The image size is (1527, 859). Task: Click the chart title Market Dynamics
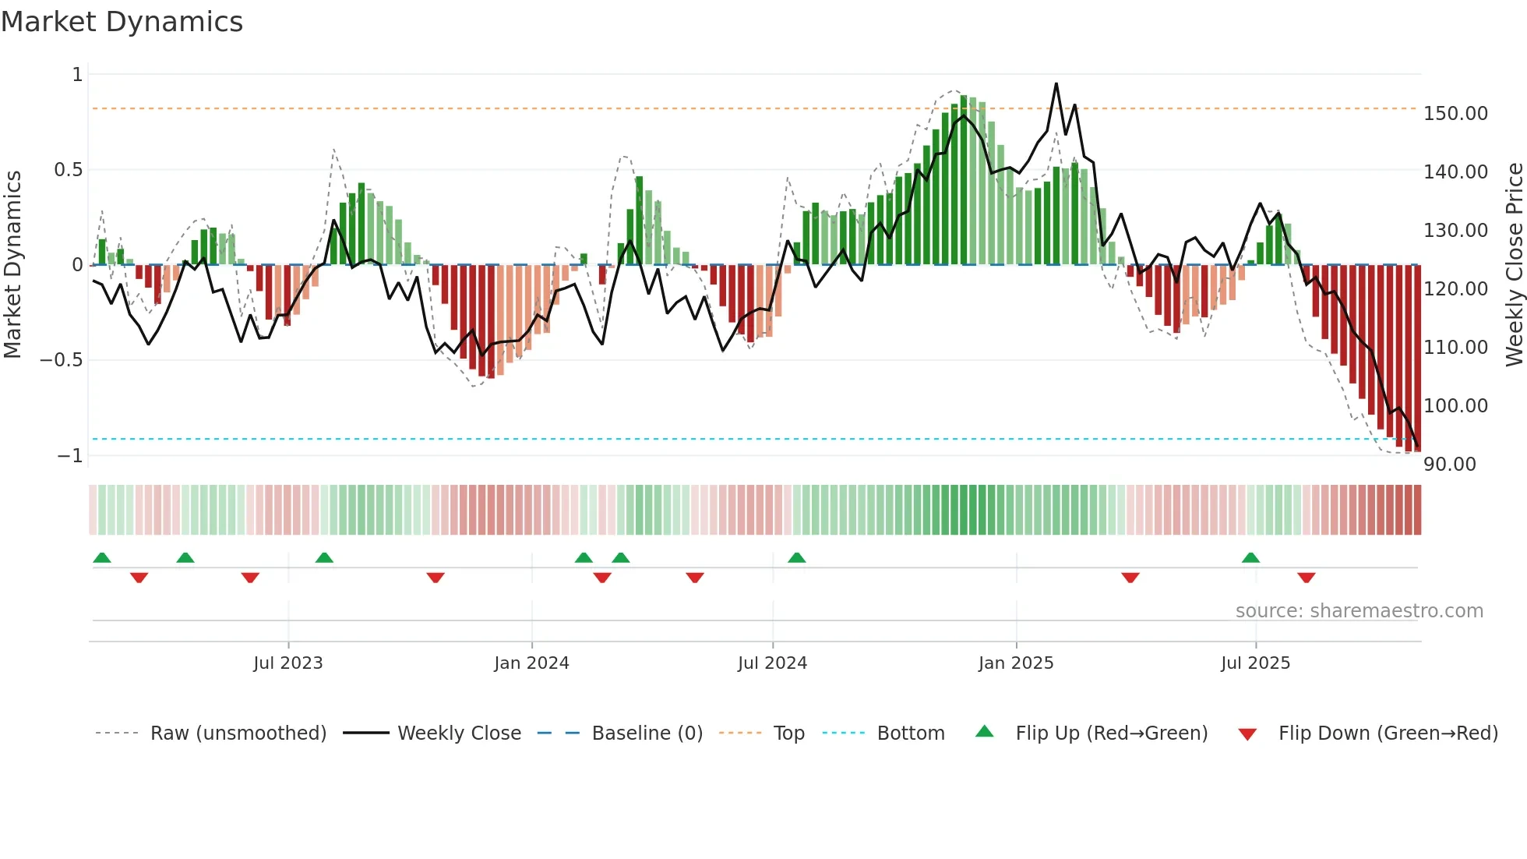[122, 22]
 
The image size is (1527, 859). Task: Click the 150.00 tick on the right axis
[1455, 114]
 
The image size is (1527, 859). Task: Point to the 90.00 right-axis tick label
[1449, 465]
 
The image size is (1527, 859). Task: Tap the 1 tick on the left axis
[77, 75]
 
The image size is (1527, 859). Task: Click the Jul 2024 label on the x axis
[772, 663]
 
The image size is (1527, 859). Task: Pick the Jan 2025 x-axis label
[1016, 663]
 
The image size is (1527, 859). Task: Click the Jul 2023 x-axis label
[287, 663]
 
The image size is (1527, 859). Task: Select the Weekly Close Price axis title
[1514, 265]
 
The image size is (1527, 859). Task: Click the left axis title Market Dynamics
[12, 265]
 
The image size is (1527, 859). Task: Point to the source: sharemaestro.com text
[1359, 611]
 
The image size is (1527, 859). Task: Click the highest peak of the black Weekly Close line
[1056, 84]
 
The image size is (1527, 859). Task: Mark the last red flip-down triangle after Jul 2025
[1307, 578]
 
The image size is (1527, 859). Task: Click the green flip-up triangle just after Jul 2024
[796, 557]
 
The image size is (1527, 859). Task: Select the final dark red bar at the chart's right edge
[1417, 359]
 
